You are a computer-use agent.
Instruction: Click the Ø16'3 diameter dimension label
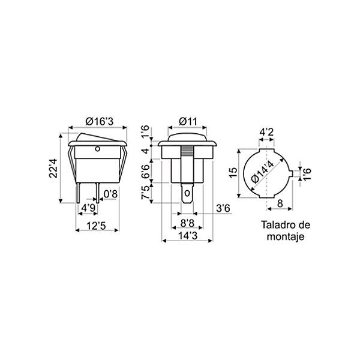pos(100,121)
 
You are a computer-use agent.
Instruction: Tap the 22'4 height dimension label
pos(53,168)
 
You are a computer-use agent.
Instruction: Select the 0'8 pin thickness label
pos(110,194)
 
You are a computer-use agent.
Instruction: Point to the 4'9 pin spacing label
pos(88,208)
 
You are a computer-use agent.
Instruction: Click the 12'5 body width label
pos(96,226)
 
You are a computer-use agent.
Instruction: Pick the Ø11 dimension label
pos(188,121)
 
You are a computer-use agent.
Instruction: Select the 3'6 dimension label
pos(223,209)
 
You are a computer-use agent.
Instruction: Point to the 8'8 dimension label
pos(188,223)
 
